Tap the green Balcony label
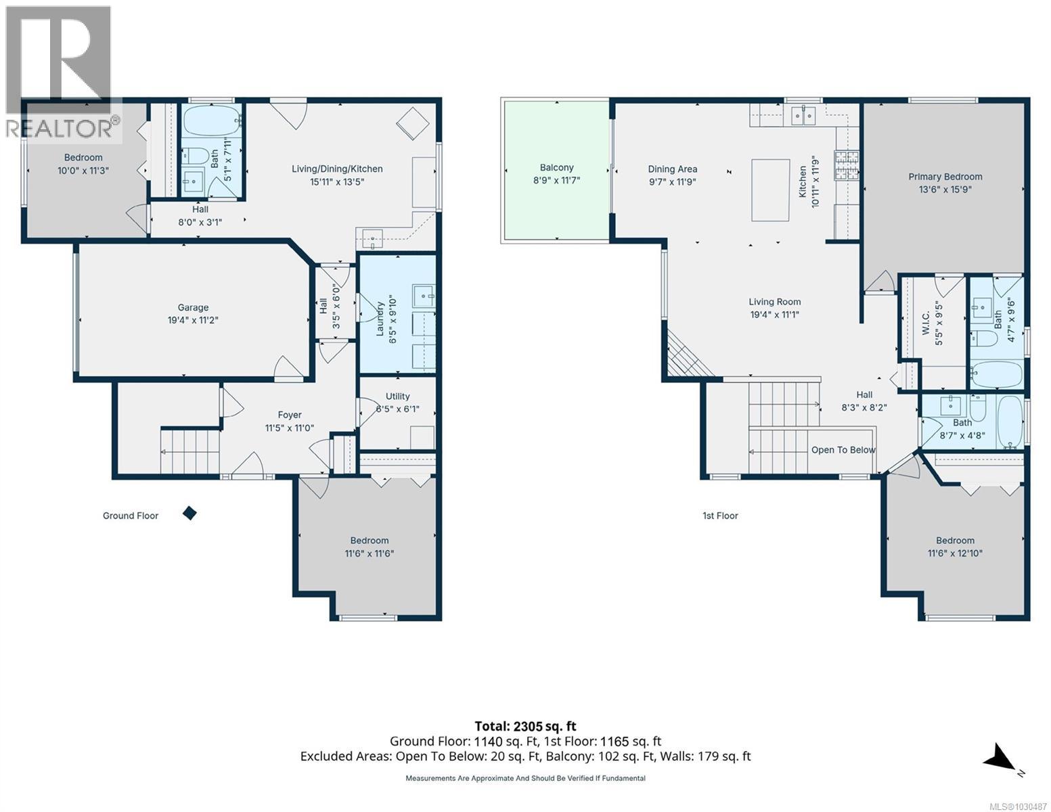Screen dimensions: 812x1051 (556, 168)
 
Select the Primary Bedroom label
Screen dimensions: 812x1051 (945, 177)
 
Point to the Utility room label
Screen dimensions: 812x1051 (397, 397)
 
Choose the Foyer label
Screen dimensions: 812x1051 (290, 415)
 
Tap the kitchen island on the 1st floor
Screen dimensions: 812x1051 (770, 190)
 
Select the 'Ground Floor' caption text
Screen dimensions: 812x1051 (131, 516)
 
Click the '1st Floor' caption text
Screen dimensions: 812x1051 (720, 516)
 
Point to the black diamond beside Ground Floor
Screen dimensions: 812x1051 (189, 514)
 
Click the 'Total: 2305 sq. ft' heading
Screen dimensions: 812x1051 (525, 727)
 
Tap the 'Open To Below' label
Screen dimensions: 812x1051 (843, 450)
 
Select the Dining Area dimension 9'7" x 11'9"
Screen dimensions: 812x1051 (672, 181)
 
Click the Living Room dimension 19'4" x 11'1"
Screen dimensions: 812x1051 (774, 314)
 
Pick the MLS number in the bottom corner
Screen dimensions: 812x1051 (1019, 806)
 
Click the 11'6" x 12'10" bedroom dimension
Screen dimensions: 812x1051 (955, 553)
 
